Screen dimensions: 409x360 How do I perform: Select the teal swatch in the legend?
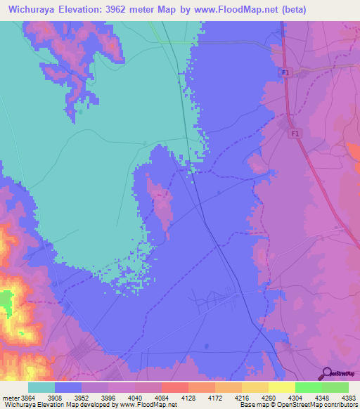[41, 387]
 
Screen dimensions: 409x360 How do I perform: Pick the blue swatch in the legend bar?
[68, 387]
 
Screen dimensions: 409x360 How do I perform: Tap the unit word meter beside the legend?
[11, 398]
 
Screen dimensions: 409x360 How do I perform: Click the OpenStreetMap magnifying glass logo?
[325, 372]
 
